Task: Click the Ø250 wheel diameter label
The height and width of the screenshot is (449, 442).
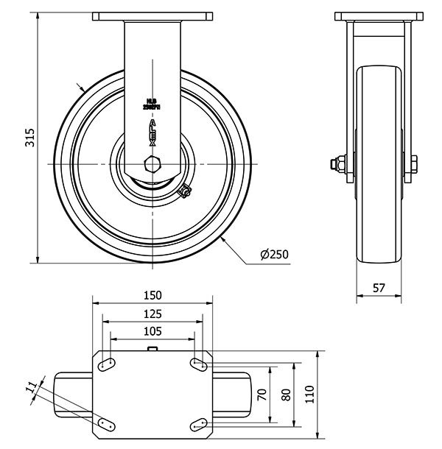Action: (x=274, y=255)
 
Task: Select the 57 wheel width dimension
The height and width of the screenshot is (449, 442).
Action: (x=379, y=289)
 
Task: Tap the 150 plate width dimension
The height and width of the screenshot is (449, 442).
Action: (x=152, y=295)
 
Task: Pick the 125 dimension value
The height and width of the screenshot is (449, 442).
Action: (x=152, y=313)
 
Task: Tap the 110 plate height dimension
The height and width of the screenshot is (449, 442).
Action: (x=309, y=392)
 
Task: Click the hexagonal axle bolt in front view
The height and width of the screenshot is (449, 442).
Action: (x=152, y=163)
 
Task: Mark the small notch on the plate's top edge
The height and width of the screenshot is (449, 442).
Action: (x=152, y=349)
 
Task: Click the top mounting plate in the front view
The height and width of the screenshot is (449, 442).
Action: (x=152, y=16)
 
